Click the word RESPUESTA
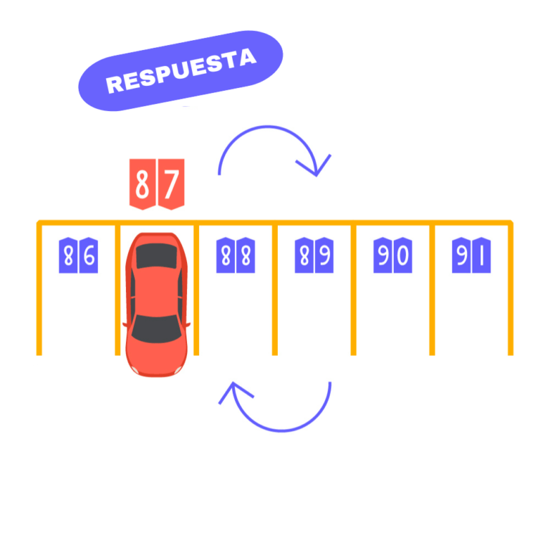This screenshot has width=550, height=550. [180, 70]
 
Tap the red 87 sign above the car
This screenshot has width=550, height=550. [157, 183]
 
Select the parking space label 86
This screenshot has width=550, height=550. [78, 256]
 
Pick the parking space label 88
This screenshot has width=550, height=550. [236, 256]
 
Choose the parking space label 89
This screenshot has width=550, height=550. [314, 256]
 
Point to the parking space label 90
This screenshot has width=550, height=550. [392, 256]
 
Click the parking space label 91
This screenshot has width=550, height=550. [471, 256]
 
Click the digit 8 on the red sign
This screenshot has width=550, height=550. [143, 183]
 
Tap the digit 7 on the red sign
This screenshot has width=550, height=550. [171, 183]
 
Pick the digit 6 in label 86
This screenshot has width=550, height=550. [87, 256]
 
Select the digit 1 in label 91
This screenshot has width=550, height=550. [481, 256]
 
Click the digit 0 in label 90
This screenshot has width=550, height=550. [402, 256]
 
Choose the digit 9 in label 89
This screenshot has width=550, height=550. [324, 256]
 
